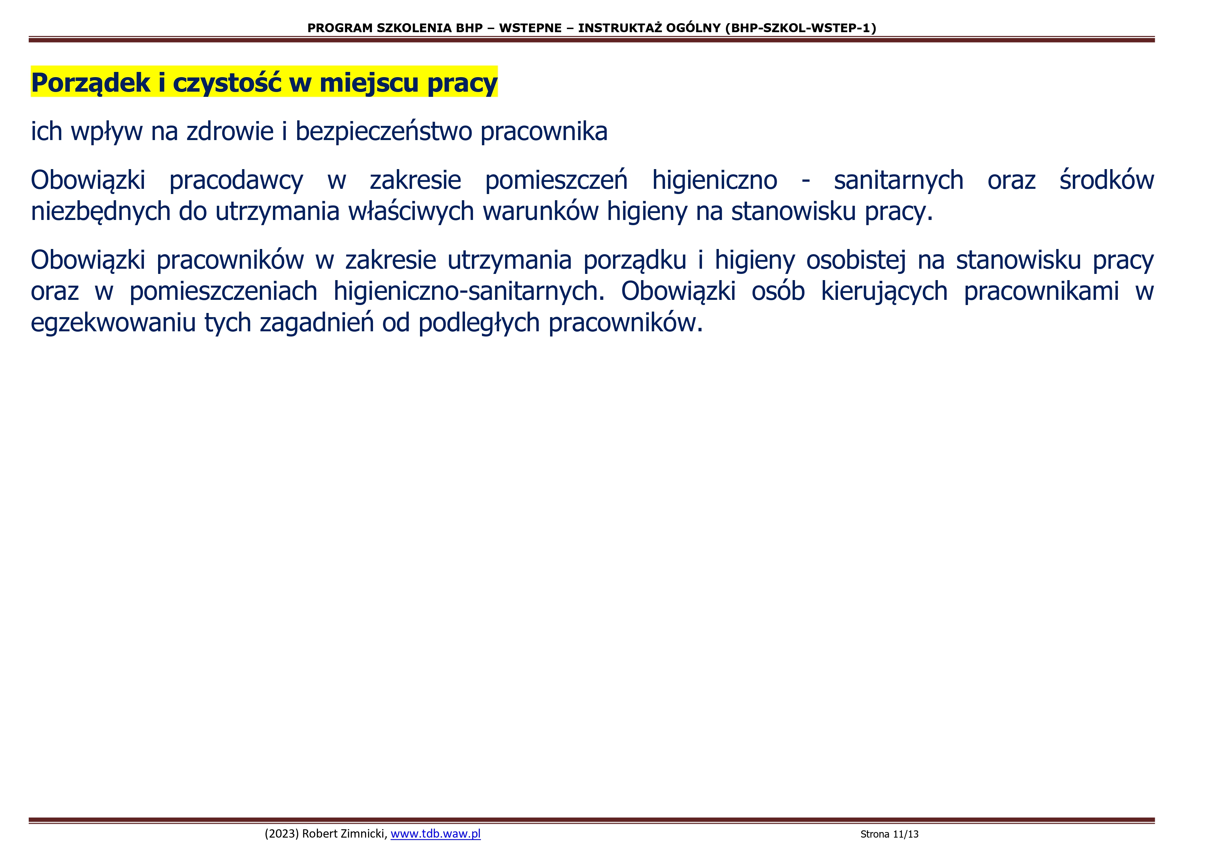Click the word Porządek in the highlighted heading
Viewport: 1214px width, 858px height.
coord(90,83)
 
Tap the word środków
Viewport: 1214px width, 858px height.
coord(1107,180)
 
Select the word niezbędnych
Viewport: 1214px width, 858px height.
coord(100,211)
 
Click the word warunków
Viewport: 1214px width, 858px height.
coord(541,211)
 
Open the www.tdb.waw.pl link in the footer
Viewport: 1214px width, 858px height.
coord(436,834)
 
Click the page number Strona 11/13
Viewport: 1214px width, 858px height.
coord(889,834)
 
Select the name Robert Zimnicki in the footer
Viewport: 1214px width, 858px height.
coord(345,834)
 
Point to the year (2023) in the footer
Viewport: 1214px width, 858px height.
coord(282,834)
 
